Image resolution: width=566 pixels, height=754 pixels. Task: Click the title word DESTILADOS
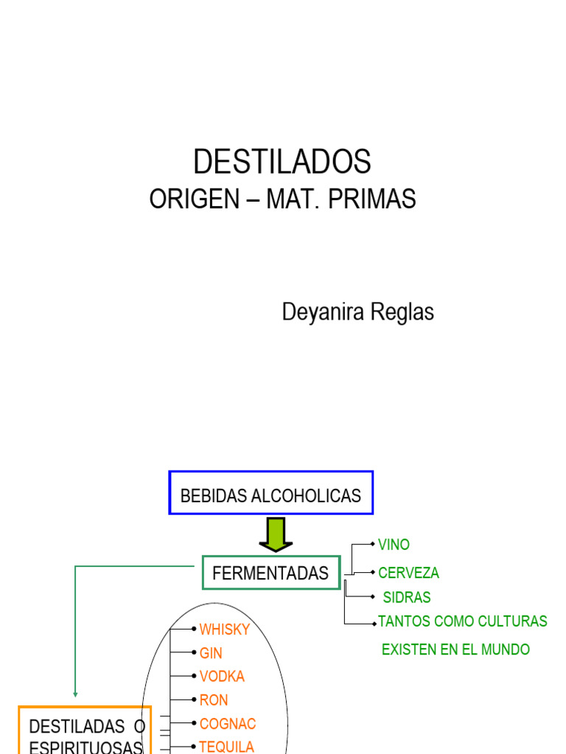[x=282, y=161]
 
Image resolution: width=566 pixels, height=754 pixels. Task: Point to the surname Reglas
[x=405, y=312]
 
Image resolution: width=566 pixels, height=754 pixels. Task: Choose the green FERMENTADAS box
[x=270, y=574]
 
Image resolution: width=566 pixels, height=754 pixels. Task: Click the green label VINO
[x=394, y=545]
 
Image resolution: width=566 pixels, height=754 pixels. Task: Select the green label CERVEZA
[x=408, y=573]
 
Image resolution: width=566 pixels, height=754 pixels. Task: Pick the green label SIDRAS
[x=407, y=597]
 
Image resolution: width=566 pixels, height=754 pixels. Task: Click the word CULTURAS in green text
[x=513, y=621]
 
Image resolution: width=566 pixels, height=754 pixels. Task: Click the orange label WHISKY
[x=225, y=630]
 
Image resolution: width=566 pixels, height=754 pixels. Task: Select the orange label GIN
[x=211, y=653]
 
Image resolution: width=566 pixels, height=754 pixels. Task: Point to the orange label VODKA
[x=222, y=676]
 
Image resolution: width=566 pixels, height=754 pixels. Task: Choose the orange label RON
[x=214, y=700]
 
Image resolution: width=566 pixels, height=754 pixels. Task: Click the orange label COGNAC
[x=228, y=723]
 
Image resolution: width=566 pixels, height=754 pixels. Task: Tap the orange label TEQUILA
[x=227, y=747]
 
